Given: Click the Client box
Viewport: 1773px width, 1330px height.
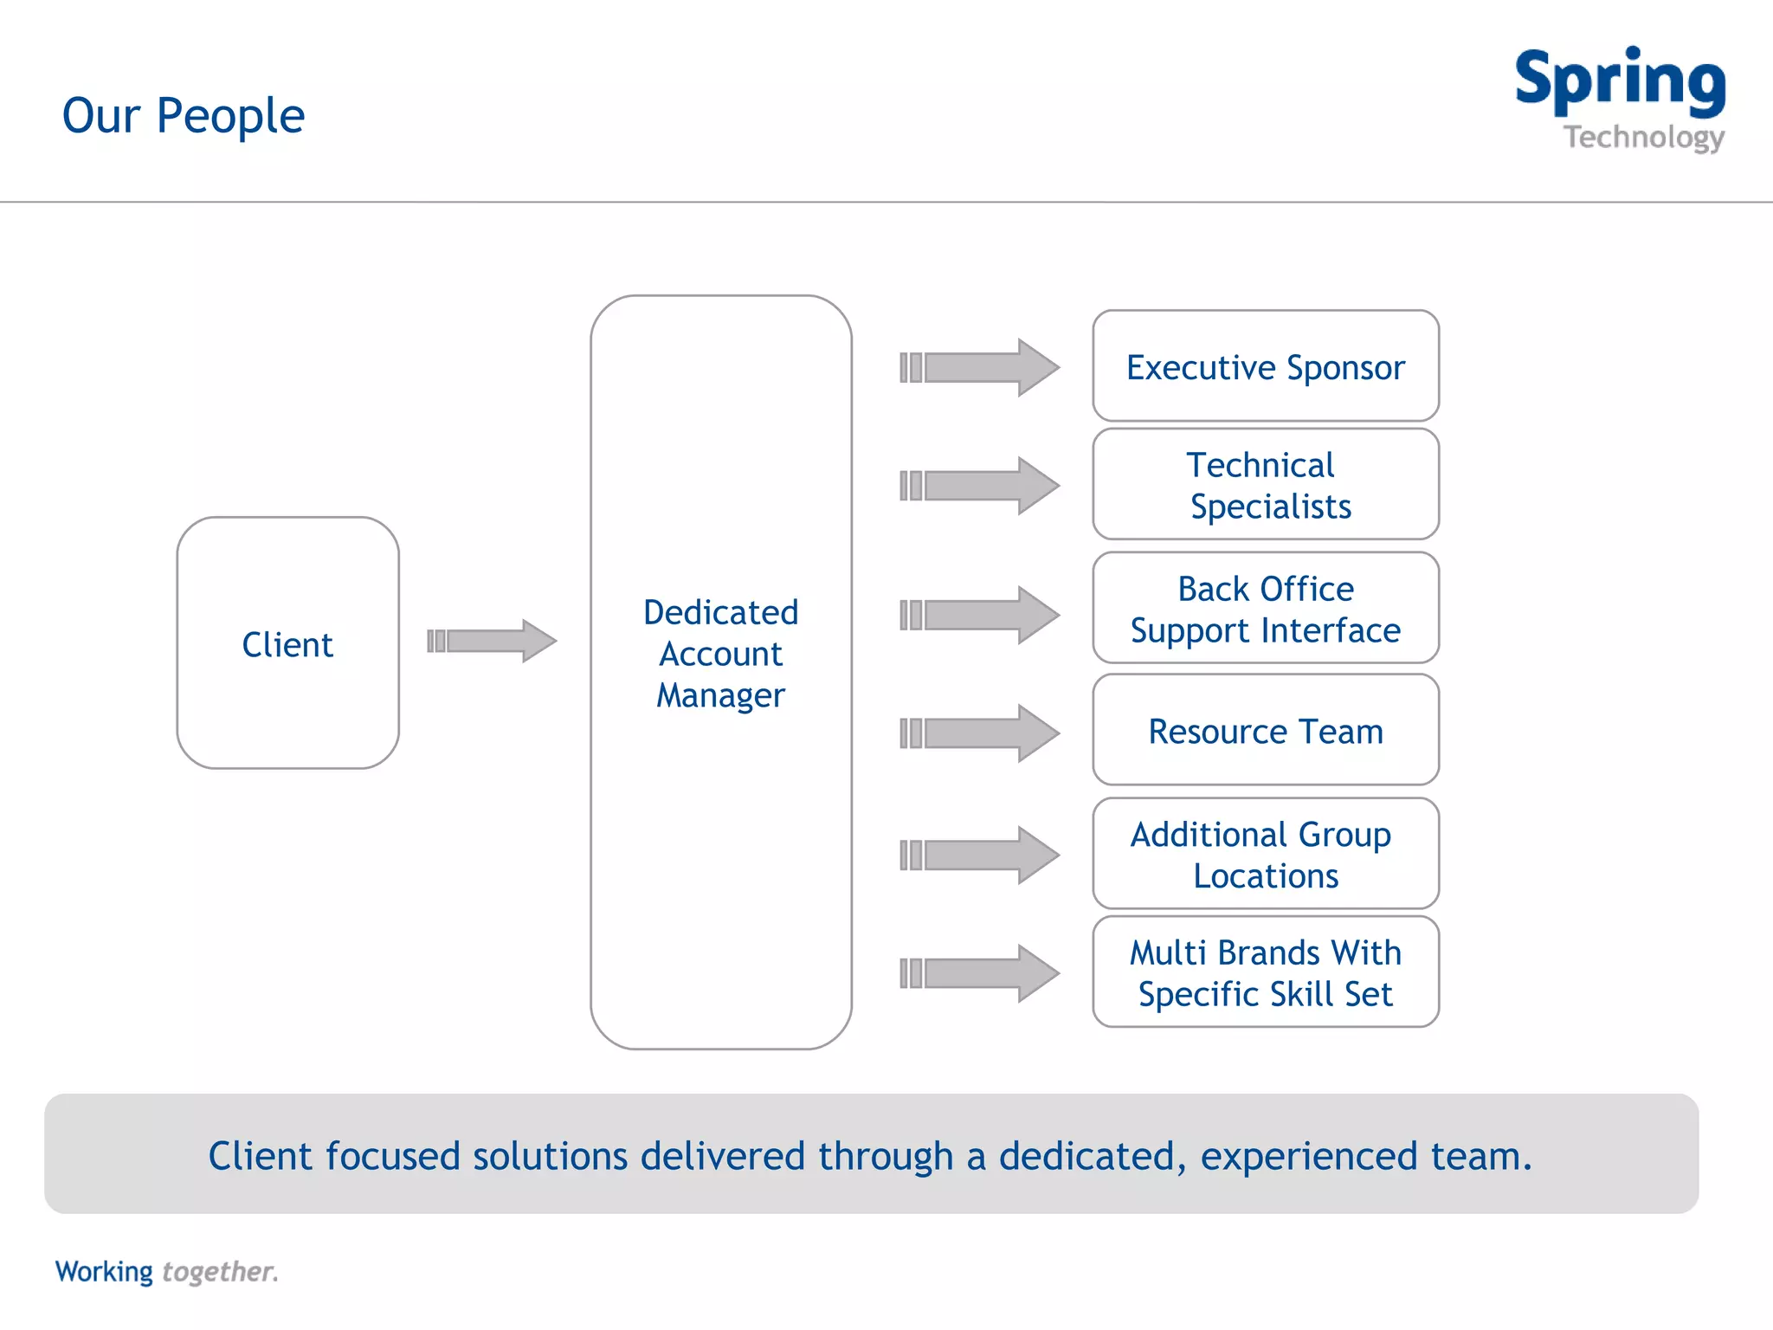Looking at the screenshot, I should pyautogui.click(x=287, y=642).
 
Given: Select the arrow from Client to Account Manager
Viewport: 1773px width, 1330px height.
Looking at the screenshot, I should pyautogui.click(x=492, y=641).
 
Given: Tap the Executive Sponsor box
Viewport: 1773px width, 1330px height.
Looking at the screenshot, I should pyautogui.click(x=1265, y=366).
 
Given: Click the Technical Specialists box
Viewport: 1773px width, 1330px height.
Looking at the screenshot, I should pyautogui.click(x=1265, y=485).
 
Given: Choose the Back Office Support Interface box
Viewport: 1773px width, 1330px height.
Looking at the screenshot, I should pyautogui.click(x=1265, y=609).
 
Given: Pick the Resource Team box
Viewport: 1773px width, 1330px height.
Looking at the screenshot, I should pyautogui.click(x=1265, y=731).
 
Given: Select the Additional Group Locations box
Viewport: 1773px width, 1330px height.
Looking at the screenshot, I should pyautogui.click(x=1265, y=854).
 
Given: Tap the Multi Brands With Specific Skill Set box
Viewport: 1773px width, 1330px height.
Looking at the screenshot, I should pyautogui.click(x=1265, y=972).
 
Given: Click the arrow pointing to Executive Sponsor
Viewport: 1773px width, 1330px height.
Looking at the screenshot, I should pyautogui.click(x=979, y=367).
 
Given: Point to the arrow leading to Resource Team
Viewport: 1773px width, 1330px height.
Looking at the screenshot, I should pyautogui.click(x=979, y=733).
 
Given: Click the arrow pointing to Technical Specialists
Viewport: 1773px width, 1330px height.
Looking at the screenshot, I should pyautogui.click(x=979, y=486).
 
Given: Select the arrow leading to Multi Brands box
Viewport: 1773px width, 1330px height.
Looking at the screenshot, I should pyautogui.click(x=979, y=972).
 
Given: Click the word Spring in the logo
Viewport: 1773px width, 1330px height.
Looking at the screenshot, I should pyautogui.click(x=1620, y=80).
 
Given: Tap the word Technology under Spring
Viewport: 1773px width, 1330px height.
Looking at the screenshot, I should pyautogui.click(x=1643, y=137).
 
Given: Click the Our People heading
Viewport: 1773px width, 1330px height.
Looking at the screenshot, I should pyautogui.click(x=184, y=115).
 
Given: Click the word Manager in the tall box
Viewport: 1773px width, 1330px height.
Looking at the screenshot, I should pyautogui.click(x=720, y=695).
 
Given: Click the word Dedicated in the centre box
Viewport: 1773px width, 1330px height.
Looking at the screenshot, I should pyautogui.click(x=720, y=612).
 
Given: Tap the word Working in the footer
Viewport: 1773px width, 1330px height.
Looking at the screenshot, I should pyautogui.click(x=104, y=1271).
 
